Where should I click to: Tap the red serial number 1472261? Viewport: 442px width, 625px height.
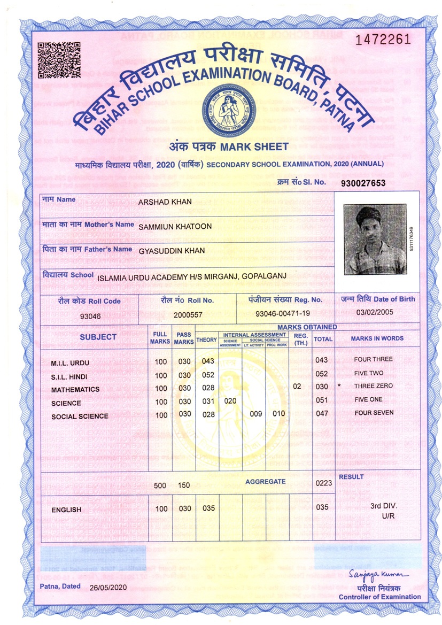pos(383,40)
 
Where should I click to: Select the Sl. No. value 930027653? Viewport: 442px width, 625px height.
pos(363,183)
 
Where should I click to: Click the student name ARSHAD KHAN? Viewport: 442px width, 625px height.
pos(165,202)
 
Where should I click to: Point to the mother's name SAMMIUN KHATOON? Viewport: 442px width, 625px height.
pos(175,226)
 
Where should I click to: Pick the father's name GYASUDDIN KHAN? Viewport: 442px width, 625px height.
pos(171,250)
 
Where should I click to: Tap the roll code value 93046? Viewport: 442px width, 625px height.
pos(90,315)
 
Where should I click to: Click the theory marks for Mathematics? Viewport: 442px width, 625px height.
pos(208,387)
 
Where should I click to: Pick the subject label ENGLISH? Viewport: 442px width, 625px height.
pos(66,510)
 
